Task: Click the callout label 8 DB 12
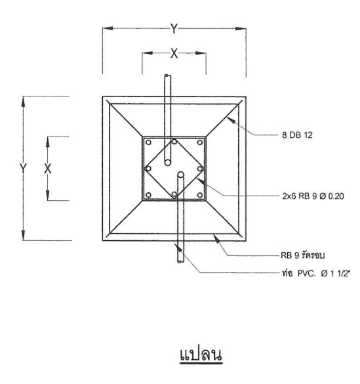tap(297, 135)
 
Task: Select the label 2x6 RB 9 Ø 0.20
tap(313, 196)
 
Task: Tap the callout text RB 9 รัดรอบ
tap(302, 255)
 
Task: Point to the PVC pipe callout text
tap(315, 273)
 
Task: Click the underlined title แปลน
tap(201, 354)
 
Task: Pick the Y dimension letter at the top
tap(174, 28)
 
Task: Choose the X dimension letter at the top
tap(174, 53)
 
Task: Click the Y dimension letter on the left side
tap(23, 169)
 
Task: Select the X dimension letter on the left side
tap(48, 169)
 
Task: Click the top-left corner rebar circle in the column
tap(148, 142)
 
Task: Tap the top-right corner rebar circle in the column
tap(200, 142)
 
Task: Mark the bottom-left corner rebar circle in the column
tap(148, 195)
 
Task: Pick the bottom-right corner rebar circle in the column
tap(200, 195)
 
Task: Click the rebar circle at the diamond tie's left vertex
tap(148, 169)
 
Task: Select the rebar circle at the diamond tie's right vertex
tap(200, 169)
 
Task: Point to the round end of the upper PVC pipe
tap(167, 163)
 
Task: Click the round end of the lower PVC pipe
tap(181, 175)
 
